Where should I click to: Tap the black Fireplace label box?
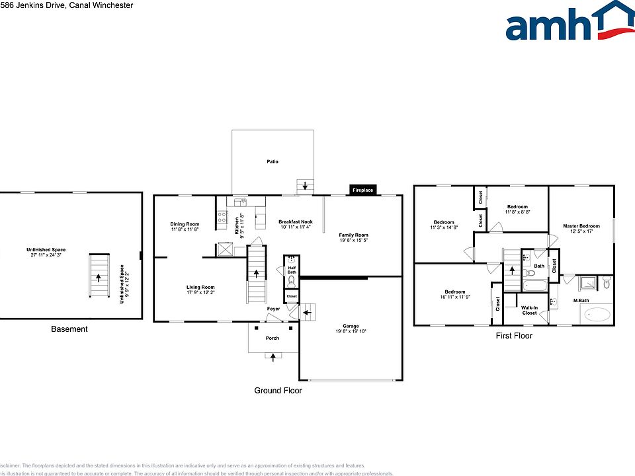pos(362,190)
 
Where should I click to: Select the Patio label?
pos(273,161)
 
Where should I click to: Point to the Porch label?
pos(273,338)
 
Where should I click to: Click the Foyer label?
pos(273,309)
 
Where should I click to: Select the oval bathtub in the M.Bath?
pos(599,315)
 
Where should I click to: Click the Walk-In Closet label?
pos(529,310)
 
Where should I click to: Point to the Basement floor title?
pos(69,329)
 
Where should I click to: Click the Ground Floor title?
pos(278,391)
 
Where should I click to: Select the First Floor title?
pos(514,336)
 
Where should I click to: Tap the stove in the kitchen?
pos(222,219)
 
